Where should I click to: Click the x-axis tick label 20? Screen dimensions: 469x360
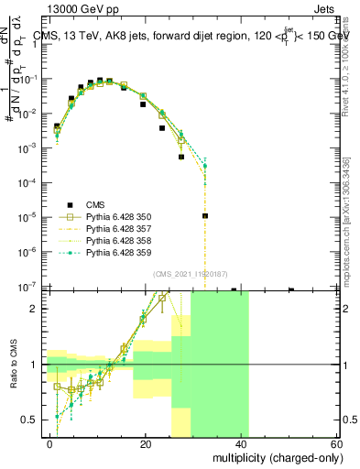pos(146,443)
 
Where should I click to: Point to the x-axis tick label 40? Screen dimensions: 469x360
pos(241,443)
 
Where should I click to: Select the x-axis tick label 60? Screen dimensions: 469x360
pos(336,443)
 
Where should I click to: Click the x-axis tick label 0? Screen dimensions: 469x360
pos(50,443)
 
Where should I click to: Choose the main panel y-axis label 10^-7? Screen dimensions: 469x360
pos(32,287)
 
